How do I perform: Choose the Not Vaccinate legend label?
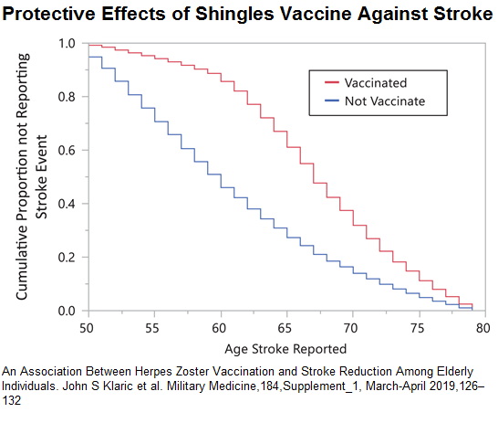384,100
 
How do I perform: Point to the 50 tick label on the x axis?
88,327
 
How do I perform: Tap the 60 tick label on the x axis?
220,327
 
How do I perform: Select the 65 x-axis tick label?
285,327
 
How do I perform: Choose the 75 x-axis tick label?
418,327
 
